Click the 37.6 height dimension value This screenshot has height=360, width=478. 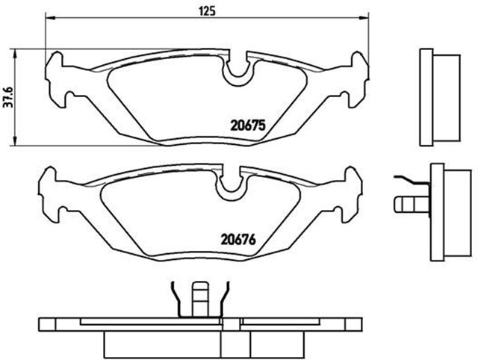click(x=9, y=96)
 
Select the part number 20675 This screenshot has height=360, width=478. click(x=247, y=126)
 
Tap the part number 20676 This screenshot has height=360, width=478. click(x=238, y=240)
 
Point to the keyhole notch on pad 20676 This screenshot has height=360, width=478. click(x=230, y=187)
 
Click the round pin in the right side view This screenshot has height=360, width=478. click(x=407, y=203)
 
